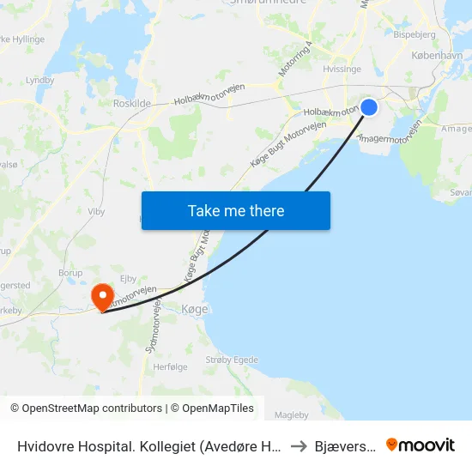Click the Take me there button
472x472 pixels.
click(236, 210)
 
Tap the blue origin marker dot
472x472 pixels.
click(369, 106)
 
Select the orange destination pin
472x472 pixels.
click(103, 297)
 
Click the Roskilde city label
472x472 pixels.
click(132, 102)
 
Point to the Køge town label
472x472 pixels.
click(196, 308)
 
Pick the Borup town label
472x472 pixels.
click(71, 273)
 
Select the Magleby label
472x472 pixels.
click(291, 415)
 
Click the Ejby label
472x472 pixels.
click(129, 278)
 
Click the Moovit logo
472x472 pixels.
click(421, 445)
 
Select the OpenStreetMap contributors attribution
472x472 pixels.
click(86, 408)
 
